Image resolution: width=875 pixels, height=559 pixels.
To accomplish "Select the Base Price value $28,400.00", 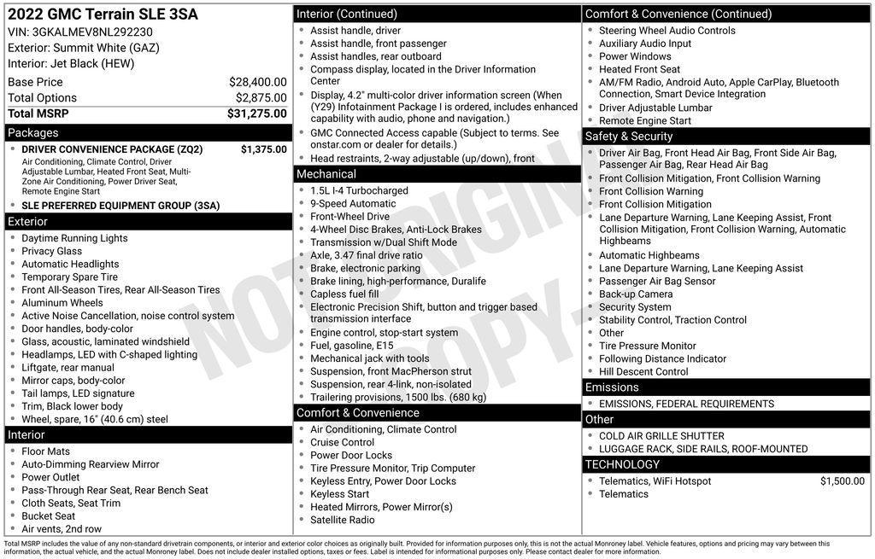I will click(257, 82).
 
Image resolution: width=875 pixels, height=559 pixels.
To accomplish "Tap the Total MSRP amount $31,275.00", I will click(256, 114).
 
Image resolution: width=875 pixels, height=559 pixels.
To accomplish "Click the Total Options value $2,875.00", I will click(261, 98).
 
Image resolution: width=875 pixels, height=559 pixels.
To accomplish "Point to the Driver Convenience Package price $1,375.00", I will click(263, 149).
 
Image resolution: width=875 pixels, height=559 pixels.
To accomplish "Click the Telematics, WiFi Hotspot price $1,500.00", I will click(842, 481).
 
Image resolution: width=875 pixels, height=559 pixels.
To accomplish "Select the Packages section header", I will click(33, 133).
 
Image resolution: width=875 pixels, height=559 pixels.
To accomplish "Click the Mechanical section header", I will click(326, 174).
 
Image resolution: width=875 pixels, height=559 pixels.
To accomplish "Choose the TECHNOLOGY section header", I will click(622, 464).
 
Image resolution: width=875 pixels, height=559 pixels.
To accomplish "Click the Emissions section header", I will click(612, 387).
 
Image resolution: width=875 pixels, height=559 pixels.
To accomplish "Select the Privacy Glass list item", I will click(52, 251).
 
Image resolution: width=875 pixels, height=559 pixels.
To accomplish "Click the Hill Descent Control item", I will click(643, 372).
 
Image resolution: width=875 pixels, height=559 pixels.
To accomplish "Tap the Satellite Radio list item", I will click(342, 520).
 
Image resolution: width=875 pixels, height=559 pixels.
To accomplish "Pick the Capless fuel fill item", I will click(344, 294).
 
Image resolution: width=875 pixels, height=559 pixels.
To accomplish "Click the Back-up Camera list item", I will click(636, 294).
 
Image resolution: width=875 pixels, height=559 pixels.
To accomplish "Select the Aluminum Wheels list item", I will click(62, 303).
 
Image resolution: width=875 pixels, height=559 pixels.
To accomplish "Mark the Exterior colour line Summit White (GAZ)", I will click(83, 48).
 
